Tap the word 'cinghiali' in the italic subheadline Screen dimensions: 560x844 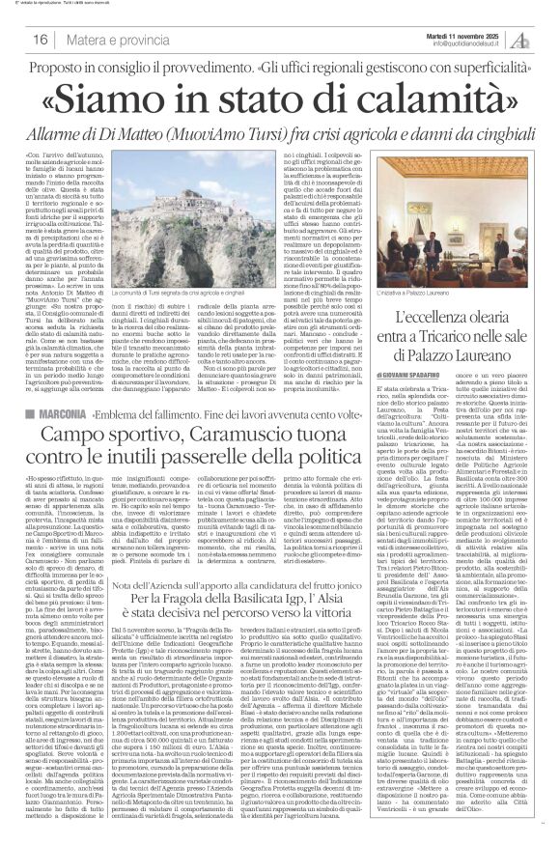click(474, 129)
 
